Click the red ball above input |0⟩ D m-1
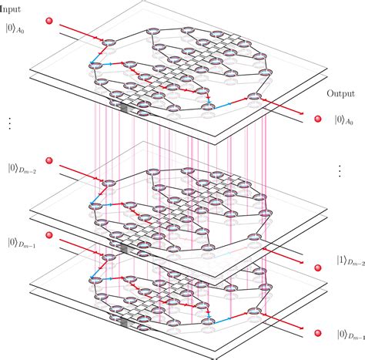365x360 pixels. [x=48, y=234]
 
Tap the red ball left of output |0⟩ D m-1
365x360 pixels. [x=316, y=335]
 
